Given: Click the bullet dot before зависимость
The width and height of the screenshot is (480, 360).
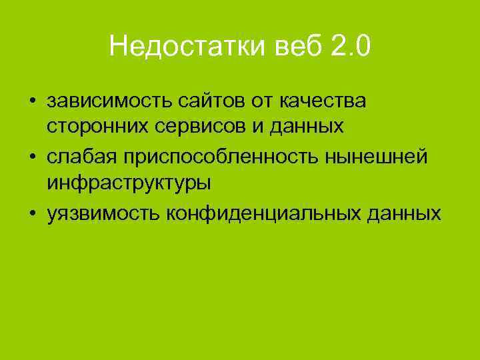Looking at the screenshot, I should (31, 101).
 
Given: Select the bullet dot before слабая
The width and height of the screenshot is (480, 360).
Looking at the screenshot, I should (31, 157).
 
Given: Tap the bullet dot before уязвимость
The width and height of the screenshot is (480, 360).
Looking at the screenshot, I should (31, 213).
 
